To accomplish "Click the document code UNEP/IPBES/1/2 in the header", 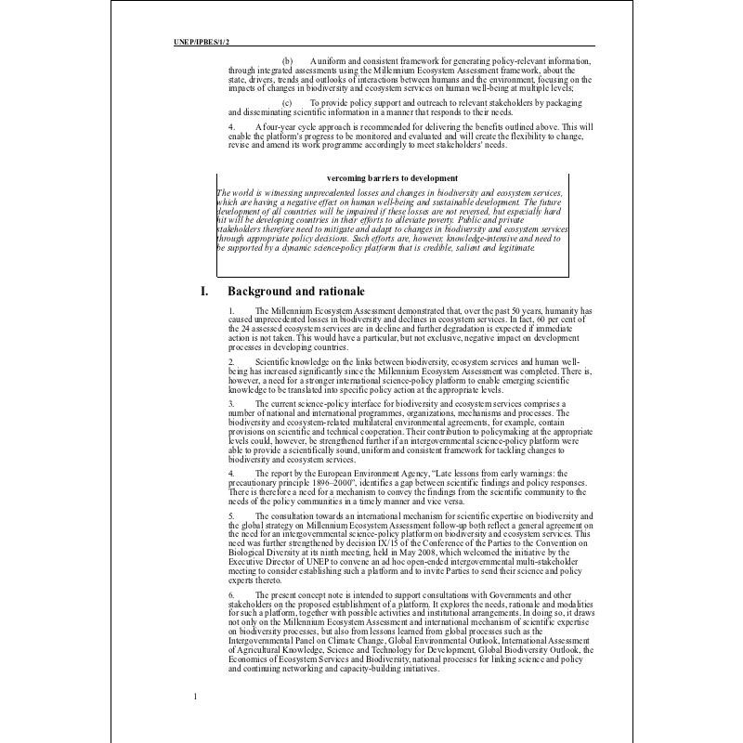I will click(x=202, y=42).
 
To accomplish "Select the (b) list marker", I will click(x=287, y=60).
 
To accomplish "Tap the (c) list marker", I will click(x=287, y=102).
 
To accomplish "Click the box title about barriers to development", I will click(x=392, y=178).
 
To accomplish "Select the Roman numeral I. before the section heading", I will click(x=204, y=292).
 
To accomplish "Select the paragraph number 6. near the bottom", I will click(x=231, y=593).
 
